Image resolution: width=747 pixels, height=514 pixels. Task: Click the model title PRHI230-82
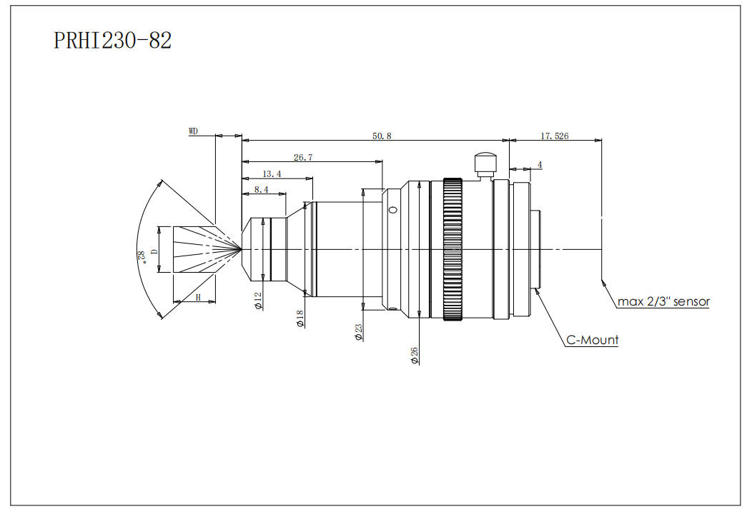click(x=113, y=41)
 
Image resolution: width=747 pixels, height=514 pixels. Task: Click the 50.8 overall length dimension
click(x=382, y=136)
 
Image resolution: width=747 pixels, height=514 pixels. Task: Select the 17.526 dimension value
click(x=555, y=136)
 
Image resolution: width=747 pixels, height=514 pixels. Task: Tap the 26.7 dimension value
click(x=303, y=157)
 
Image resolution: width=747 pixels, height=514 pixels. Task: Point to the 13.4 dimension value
click(x=272, y=173)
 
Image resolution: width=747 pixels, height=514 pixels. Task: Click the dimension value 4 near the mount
click(x=540, y=165)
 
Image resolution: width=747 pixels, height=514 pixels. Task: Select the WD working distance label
click(x=193, y=131)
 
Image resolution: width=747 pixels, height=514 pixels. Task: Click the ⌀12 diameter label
click(x=259, y=301)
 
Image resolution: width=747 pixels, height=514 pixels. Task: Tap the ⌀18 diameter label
click(x=300, y=318)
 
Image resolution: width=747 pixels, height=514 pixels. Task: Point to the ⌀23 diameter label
click(x=359, y=332)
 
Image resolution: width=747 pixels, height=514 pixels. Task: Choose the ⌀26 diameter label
click(x=415, y=356)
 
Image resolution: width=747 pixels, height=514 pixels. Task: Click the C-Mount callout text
click(x=593, y=341)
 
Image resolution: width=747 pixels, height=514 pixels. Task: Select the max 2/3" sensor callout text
click(x=664, y=301)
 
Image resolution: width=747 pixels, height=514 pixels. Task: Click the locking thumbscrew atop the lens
click(x=485, y=163)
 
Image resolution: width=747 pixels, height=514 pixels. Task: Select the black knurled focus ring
click(x=453, y=248)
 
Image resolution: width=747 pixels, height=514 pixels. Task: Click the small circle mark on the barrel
click(x=392, y=210)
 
